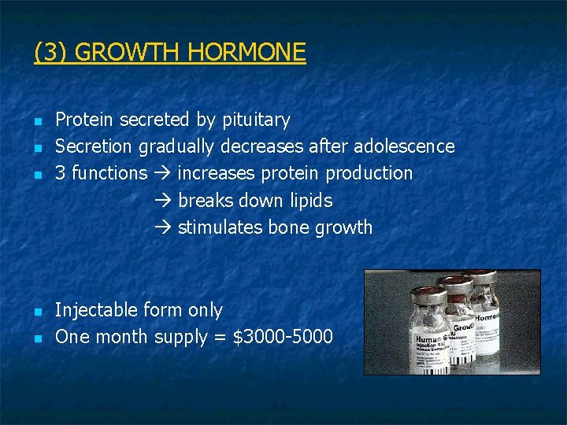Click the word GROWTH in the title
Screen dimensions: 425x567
click(128, 53)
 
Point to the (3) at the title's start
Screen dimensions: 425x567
click(51, 53)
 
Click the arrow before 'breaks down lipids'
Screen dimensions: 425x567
click(163, 201)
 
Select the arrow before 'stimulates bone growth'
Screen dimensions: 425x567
click(163, 227)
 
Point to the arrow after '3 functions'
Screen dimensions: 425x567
click(163, 173)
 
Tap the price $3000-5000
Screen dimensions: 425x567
click(283, 337)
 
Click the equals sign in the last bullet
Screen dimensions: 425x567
click(220, 338)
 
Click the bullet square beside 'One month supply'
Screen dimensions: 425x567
click(38, 338)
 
